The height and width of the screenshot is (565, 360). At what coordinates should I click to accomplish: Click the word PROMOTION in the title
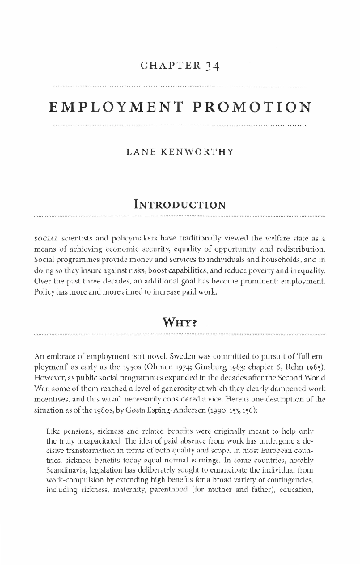coord(252,106)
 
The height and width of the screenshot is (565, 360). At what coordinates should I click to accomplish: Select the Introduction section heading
coord(180,205)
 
